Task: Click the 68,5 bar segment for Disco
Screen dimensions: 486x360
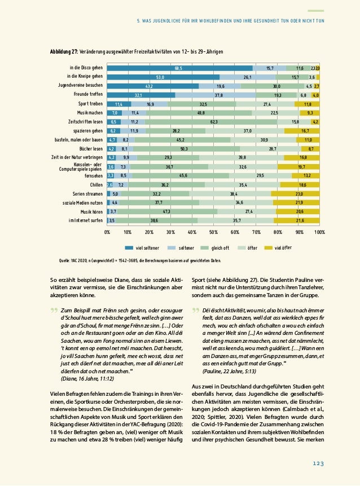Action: coord(179,68)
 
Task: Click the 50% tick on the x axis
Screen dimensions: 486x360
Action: coord(214,231)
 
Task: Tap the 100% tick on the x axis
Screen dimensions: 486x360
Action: coord(319,231)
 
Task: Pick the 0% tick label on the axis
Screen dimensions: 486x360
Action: coord(108,231)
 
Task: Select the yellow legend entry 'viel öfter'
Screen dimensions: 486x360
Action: coord(278,247)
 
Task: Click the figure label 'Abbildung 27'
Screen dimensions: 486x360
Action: coord(64,51)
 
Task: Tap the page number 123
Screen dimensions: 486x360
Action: coord(318,463)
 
